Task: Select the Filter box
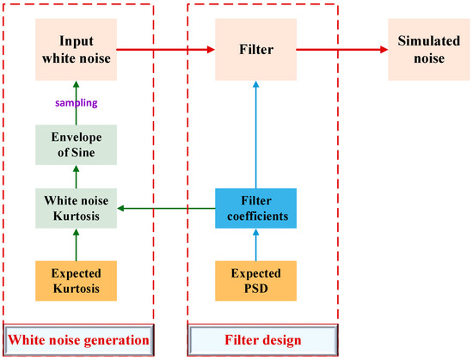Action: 255,49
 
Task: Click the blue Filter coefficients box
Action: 255,207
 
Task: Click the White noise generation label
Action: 79,340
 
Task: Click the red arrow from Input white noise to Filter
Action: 163,49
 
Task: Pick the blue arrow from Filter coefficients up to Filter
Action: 255,129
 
